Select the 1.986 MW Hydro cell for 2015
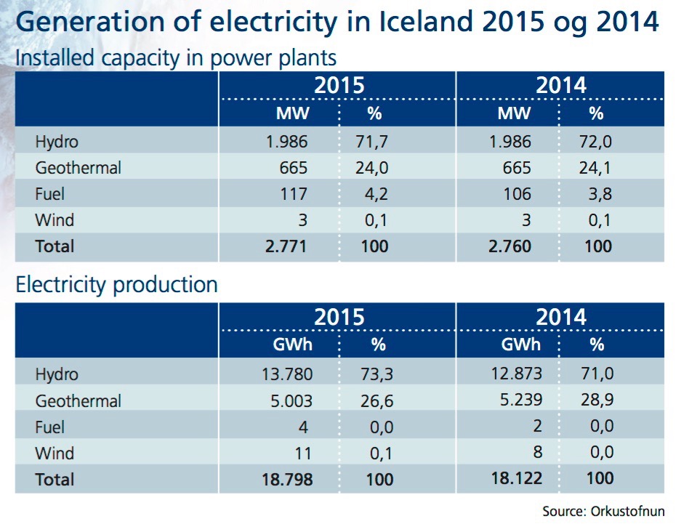[x=288, y=141]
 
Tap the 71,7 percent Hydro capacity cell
[x=374, y=141]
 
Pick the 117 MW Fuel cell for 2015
[x=294, y=193]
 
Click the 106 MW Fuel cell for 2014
[x=517, y=193]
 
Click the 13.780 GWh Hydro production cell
[x=289, y=375]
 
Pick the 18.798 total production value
[x=288, y=480]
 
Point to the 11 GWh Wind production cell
[x=303, y=454]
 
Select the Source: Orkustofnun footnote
[x=603, y=511]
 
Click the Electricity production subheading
[x=116, y=284]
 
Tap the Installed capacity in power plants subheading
[x=176, y=57]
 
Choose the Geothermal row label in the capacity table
[x=78, y=167]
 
